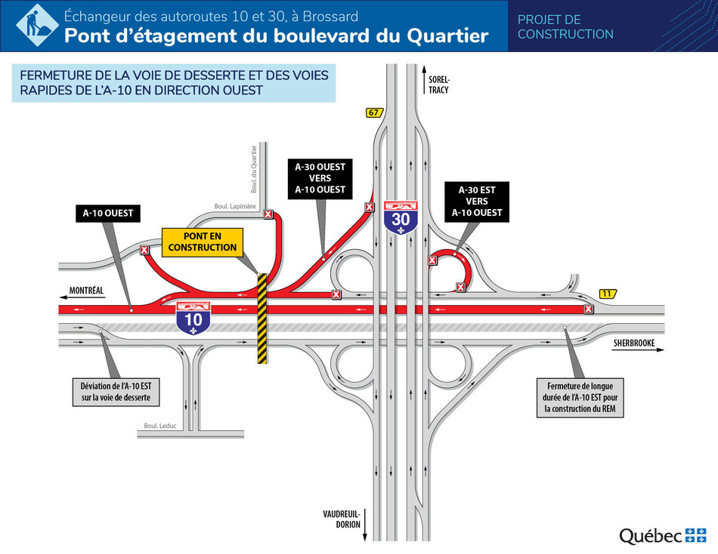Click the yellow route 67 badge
point(373,113)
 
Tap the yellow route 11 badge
point(608,293)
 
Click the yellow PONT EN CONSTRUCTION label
point(203,242)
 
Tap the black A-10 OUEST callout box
point(108,213)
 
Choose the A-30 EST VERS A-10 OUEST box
point(477,202)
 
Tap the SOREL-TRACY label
point(439,85)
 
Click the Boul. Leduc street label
point(160,426)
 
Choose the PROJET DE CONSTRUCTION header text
point(565,26)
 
